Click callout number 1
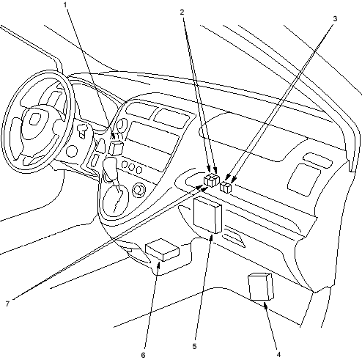coord(65,5)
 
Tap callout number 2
coord(182,12)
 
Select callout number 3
coord(335,18)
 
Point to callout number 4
coord(278,354)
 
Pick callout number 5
coord(194,346)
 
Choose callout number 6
coord(144,355)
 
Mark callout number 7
coord(7,304)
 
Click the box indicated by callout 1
coord(116,148)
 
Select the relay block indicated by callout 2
coord(212,180)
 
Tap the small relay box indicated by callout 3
coord(226,187)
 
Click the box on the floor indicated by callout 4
coord(261,287)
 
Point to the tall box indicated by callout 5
coord(207,216)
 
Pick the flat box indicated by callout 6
coord(162,250)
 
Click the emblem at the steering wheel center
coord(35,119)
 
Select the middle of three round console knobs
coord(132,167)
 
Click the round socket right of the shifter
coord(138,190)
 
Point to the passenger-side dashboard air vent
coord(304,180)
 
